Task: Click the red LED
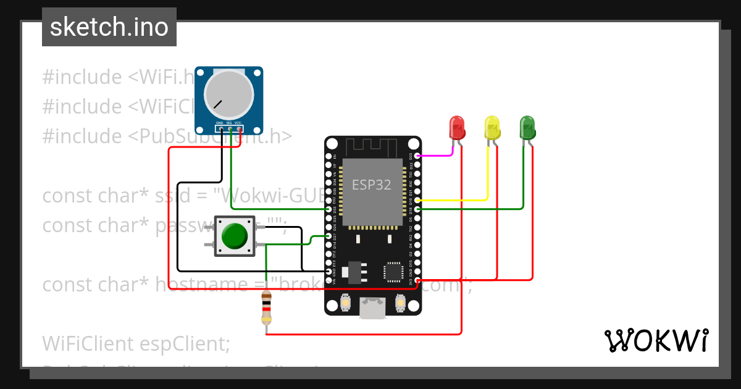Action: pyautogui.click(x=457, y=127)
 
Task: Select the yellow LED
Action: pyautogui.click(x=492, y=127)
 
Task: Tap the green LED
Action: pyautogui.click(x=527, y=127)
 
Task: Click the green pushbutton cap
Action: pyautogui.click(x=234, y=236)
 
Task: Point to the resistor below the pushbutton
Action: pyautogui.click(x=266, y=308)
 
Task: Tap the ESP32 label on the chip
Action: pyautogui.click(x=371, y=185)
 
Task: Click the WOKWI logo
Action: pyautogui.click(x=656, y=340)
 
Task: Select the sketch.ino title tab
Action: pyautogui.click(x=109, y=27)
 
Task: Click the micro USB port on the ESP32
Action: pyautogui.click(x=373, y=308)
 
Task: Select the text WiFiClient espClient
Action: pyautogui.click(x=136, y=343)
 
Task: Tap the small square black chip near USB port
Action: pyautogui.click(x=393, y=272)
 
